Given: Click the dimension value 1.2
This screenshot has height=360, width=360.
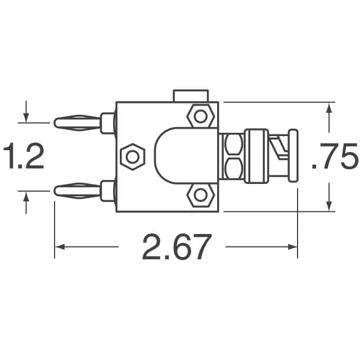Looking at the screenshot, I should click(24, 157).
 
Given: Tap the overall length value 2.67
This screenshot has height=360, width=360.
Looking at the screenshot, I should click(176, 247).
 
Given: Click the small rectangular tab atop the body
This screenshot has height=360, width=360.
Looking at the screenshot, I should click(191, 96).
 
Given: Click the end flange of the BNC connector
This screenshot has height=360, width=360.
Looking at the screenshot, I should click(292, 156).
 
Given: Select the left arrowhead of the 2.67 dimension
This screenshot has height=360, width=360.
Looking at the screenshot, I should click(60, 247).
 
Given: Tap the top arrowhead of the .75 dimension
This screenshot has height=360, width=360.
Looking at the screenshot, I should click(328, 108).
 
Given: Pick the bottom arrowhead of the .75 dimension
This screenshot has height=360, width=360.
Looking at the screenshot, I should click(328, 206).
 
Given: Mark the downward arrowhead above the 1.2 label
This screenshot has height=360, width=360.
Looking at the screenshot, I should click(26, 118).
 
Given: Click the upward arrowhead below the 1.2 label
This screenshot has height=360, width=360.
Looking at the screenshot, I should click(26, 196).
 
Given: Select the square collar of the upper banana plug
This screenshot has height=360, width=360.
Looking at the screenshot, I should click(106, 122).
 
